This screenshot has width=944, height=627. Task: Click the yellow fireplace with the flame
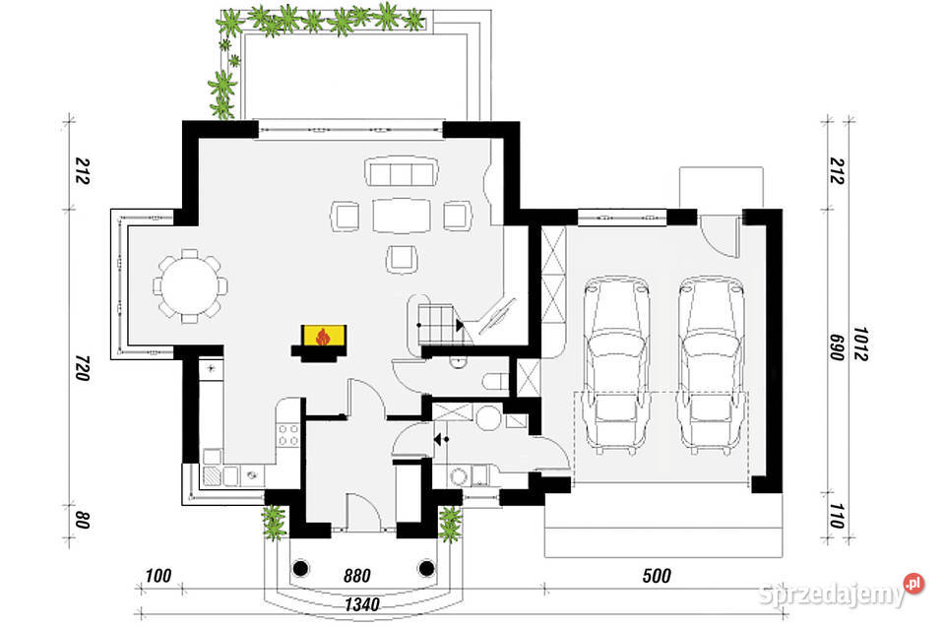pyautogui.click(x=324, y=337)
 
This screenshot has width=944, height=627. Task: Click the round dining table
pyautogui.click(x=190, y=285)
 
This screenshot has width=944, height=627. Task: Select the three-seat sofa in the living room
pyautogui.click(x=401, y=172)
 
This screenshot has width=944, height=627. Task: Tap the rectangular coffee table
pyautogui.click(x=402, y=216)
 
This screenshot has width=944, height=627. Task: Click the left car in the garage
pyautogui.click(x=616, y=366)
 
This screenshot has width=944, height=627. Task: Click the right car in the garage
pyautogui.click(x=711, y=366)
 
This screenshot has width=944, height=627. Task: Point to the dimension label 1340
pyautogui.click(x=362, y=604)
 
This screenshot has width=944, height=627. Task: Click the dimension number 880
pyautogui.click(x=357, y=576)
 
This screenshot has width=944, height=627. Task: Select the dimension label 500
pyautogui.click(x=657, y=576)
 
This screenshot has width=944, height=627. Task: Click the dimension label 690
pyautogui.click(x=837, y=347)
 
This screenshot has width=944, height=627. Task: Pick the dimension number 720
pyautogui.click(x=83, y=368)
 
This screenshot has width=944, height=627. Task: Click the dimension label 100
pyautogui.click(x=158, y=576)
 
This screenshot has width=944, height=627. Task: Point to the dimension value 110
pyautogui.click(x=837, y=517)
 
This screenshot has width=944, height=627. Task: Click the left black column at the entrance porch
pyautogui.click(x=300, y=568)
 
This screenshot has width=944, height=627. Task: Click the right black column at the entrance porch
pyautogui.click(x=427, y=568)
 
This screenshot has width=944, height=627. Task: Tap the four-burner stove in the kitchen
pyautogui.click(x=287, y=434)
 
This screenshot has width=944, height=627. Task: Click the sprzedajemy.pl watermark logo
pyautogui.click(x=841, y=593)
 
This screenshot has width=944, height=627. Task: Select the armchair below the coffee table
pyautogui.click(x=402, y=259)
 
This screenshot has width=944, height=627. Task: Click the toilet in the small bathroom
pyautogui.click(x=495, y=382)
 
